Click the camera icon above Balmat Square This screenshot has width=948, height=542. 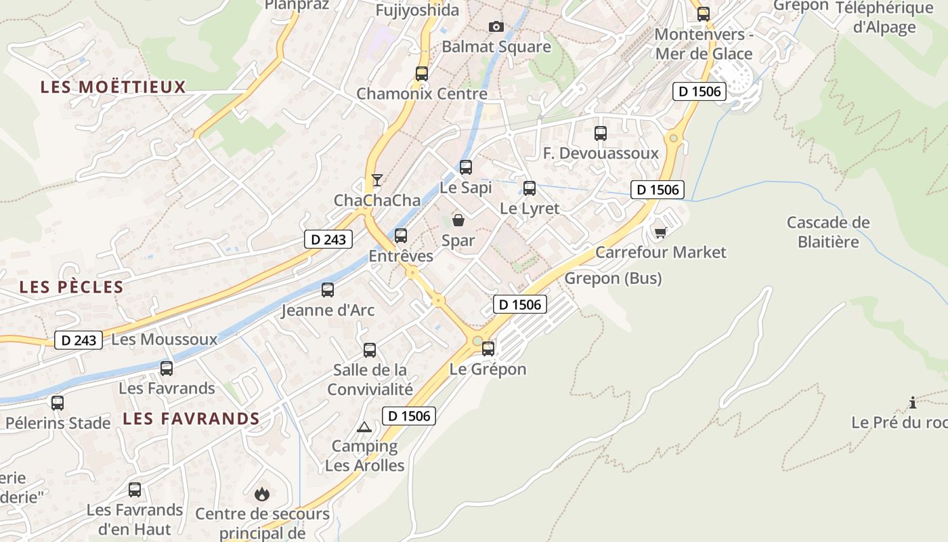point(496,26)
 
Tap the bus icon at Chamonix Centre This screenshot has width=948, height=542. point(422,73)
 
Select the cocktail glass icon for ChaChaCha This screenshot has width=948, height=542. point(377,180)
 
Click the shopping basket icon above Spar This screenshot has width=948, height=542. point(458,220)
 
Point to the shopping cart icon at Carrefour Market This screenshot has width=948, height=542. point(660,232)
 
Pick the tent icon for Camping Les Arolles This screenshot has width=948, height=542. point(364,427)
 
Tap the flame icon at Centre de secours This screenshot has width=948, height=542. point(262,494)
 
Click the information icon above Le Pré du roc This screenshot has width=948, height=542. point(913,402)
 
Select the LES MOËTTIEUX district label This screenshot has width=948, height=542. point(113,87)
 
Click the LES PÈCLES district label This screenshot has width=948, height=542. point(72,287)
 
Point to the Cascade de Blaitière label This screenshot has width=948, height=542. point(828,232)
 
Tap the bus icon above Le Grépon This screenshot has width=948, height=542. point(488,349)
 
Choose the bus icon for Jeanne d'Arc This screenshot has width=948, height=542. point(328,290)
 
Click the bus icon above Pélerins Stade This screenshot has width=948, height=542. point(58,402)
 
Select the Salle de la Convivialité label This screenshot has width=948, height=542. point(370,379)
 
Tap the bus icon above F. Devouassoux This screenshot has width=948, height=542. point(601,133)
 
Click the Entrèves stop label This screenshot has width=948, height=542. point(401,256)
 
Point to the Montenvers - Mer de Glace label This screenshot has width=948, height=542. point(704,44)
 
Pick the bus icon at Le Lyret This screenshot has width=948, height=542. point(530,188)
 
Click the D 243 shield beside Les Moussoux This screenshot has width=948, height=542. point(79,339)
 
